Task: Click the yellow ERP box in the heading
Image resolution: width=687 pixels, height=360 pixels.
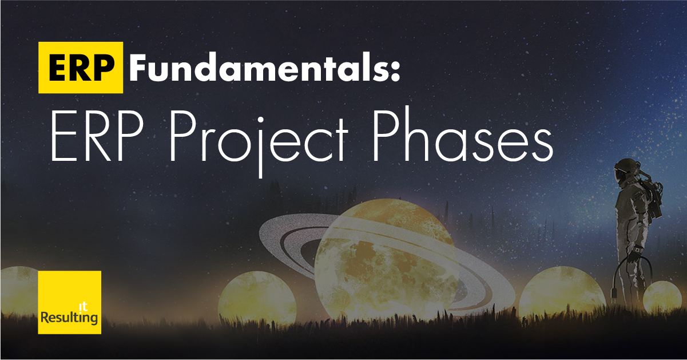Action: pos(81,67)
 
